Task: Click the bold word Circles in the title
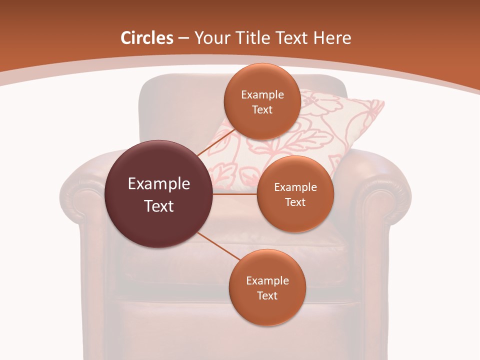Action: click(146, 38)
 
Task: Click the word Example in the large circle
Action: click(159, 184)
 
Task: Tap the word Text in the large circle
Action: click(159, 206)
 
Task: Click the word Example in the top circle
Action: click(262, 95)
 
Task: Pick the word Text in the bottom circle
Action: click(267, 295)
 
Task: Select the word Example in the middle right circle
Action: click(295, 187)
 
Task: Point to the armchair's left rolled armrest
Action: click(80, 192)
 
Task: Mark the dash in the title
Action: click(183, 38)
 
